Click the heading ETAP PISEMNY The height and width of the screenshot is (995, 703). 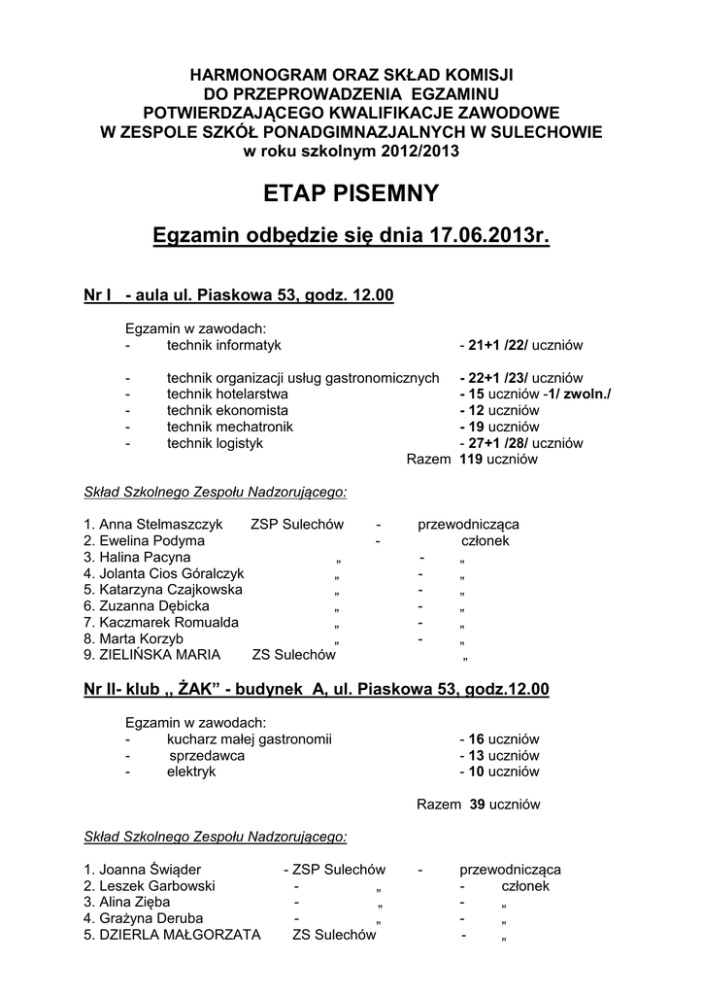351,193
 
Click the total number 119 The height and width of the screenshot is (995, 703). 472,460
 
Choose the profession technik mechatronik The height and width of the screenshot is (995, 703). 229,427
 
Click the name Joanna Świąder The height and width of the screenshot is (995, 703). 151,870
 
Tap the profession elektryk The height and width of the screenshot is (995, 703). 190,772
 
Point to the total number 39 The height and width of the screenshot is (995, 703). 477,805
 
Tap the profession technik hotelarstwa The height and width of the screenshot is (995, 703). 227,394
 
